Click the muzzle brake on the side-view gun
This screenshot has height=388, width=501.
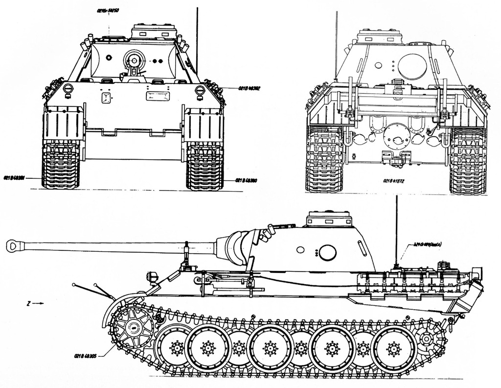click(13, 245)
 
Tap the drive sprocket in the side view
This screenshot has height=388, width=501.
click(130, 328)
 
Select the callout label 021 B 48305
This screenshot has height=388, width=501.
click(86, 356)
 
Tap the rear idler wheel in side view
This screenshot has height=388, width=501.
click(428, 339)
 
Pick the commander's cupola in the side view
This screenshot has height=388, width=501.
click(329, 219)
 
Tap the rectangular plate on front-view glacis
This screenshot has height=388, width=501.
click(157, 95)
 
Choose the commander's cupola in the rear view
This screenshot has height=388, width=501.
click(377, 36)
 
